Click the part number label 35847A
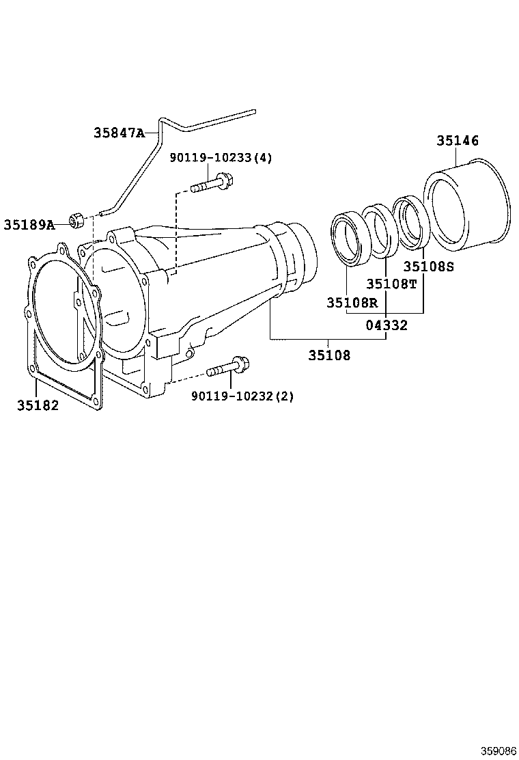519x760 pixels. coord(119,133)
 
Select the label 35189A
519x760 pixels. coord(29,224)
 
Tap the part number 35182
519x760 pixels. coord(38,405)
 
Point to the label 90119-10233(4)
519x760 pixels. coord(221,158)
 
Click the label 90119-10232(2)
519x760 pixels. coord(242,396)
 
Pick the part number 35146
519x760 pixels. coord(458,141)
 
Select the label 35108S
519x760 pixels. coord(428,267)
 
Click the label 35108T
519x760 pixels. coord(391,284)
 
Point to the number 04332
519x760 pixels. coord(385,325)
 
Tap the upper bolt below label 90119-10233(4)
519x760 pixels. coord(212,184)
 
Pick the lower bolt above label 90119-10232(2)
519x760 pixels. coord(228,368)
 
